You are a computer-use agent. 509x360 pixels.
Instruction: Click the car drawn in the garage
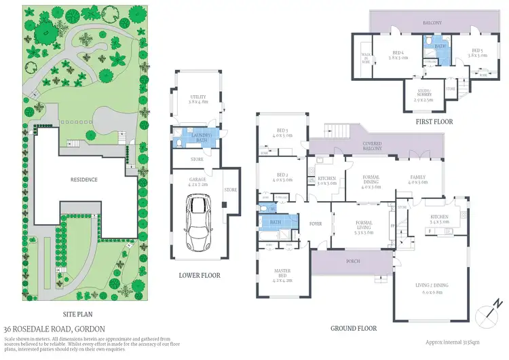(x=197, y=221)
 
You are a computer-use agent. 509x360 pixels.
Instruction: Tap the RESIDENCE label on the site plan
(x=83, y=180)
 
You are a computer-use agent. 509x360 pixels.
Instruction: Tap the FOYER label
(x=316, y=223)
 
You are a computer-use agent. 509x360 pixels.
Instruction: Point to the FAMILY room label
(x=417, y=179)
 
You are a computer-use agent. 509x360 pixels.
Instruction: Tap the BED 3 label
(x=284, y=133)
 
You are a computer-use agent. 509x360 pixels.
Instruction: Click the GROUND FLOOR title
(x=353, y=329)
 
